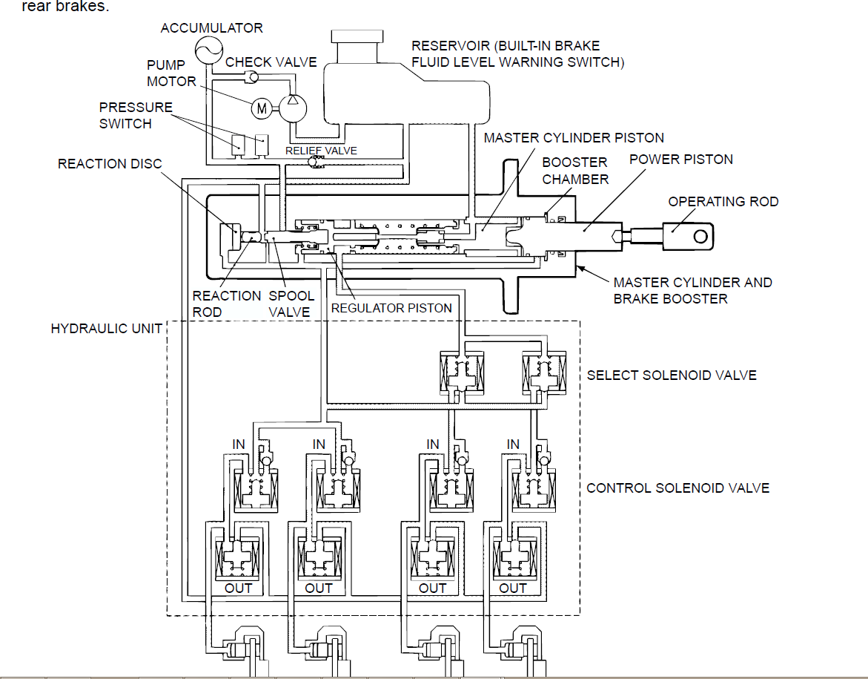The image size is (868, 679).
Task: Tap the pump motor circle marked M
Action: coord(262,108)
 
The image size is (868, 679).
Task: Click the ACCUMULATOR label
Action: coord(211,27)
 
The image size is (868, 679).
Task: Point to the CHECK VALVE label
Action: coord(271,62)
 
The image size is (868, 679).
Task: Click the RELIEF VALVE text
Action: coord(321,151)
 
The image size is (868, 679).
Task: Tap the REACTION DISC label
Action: coord(110,164)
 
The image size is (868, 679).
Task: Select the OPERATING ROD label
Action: coord(723,202)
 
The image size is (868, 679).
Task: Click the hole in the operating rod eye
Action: coord(700,237)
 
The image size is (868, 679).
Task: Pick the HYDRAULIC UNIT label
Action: coord(106,329)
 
